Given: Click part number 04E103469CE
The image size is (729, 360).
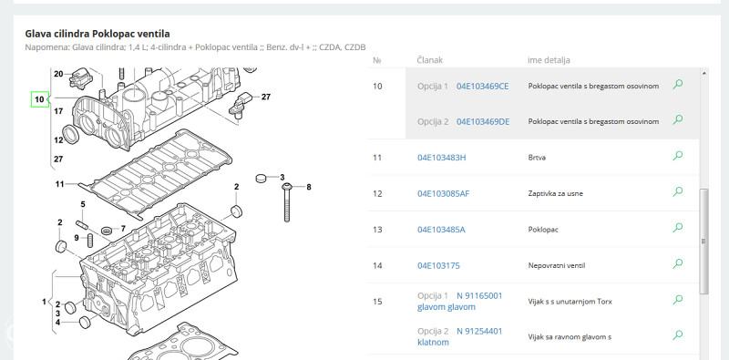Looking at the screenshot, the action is point(483,86).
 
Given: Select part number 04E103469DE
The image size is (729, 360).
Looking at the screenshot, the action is point(483,121).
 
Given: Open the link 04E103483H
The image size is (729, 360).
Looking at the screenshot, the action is point(441,157).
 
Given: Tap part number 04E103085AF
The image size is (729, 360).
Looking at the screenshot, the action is point(443,193).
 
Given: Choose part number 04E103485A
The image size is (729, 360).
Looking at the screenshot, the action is point(441,230).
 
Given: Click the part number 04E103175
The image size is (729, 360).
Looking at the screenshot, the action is point(438,265).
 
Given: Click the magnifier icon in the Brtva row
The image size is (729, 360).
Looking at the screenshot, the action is point(678,155).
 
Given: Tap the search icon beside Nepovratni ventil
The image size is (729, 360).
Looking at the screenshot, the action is point(678,263).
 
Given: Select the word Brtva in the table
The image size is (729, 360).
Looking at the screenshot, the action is point(537,157).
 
